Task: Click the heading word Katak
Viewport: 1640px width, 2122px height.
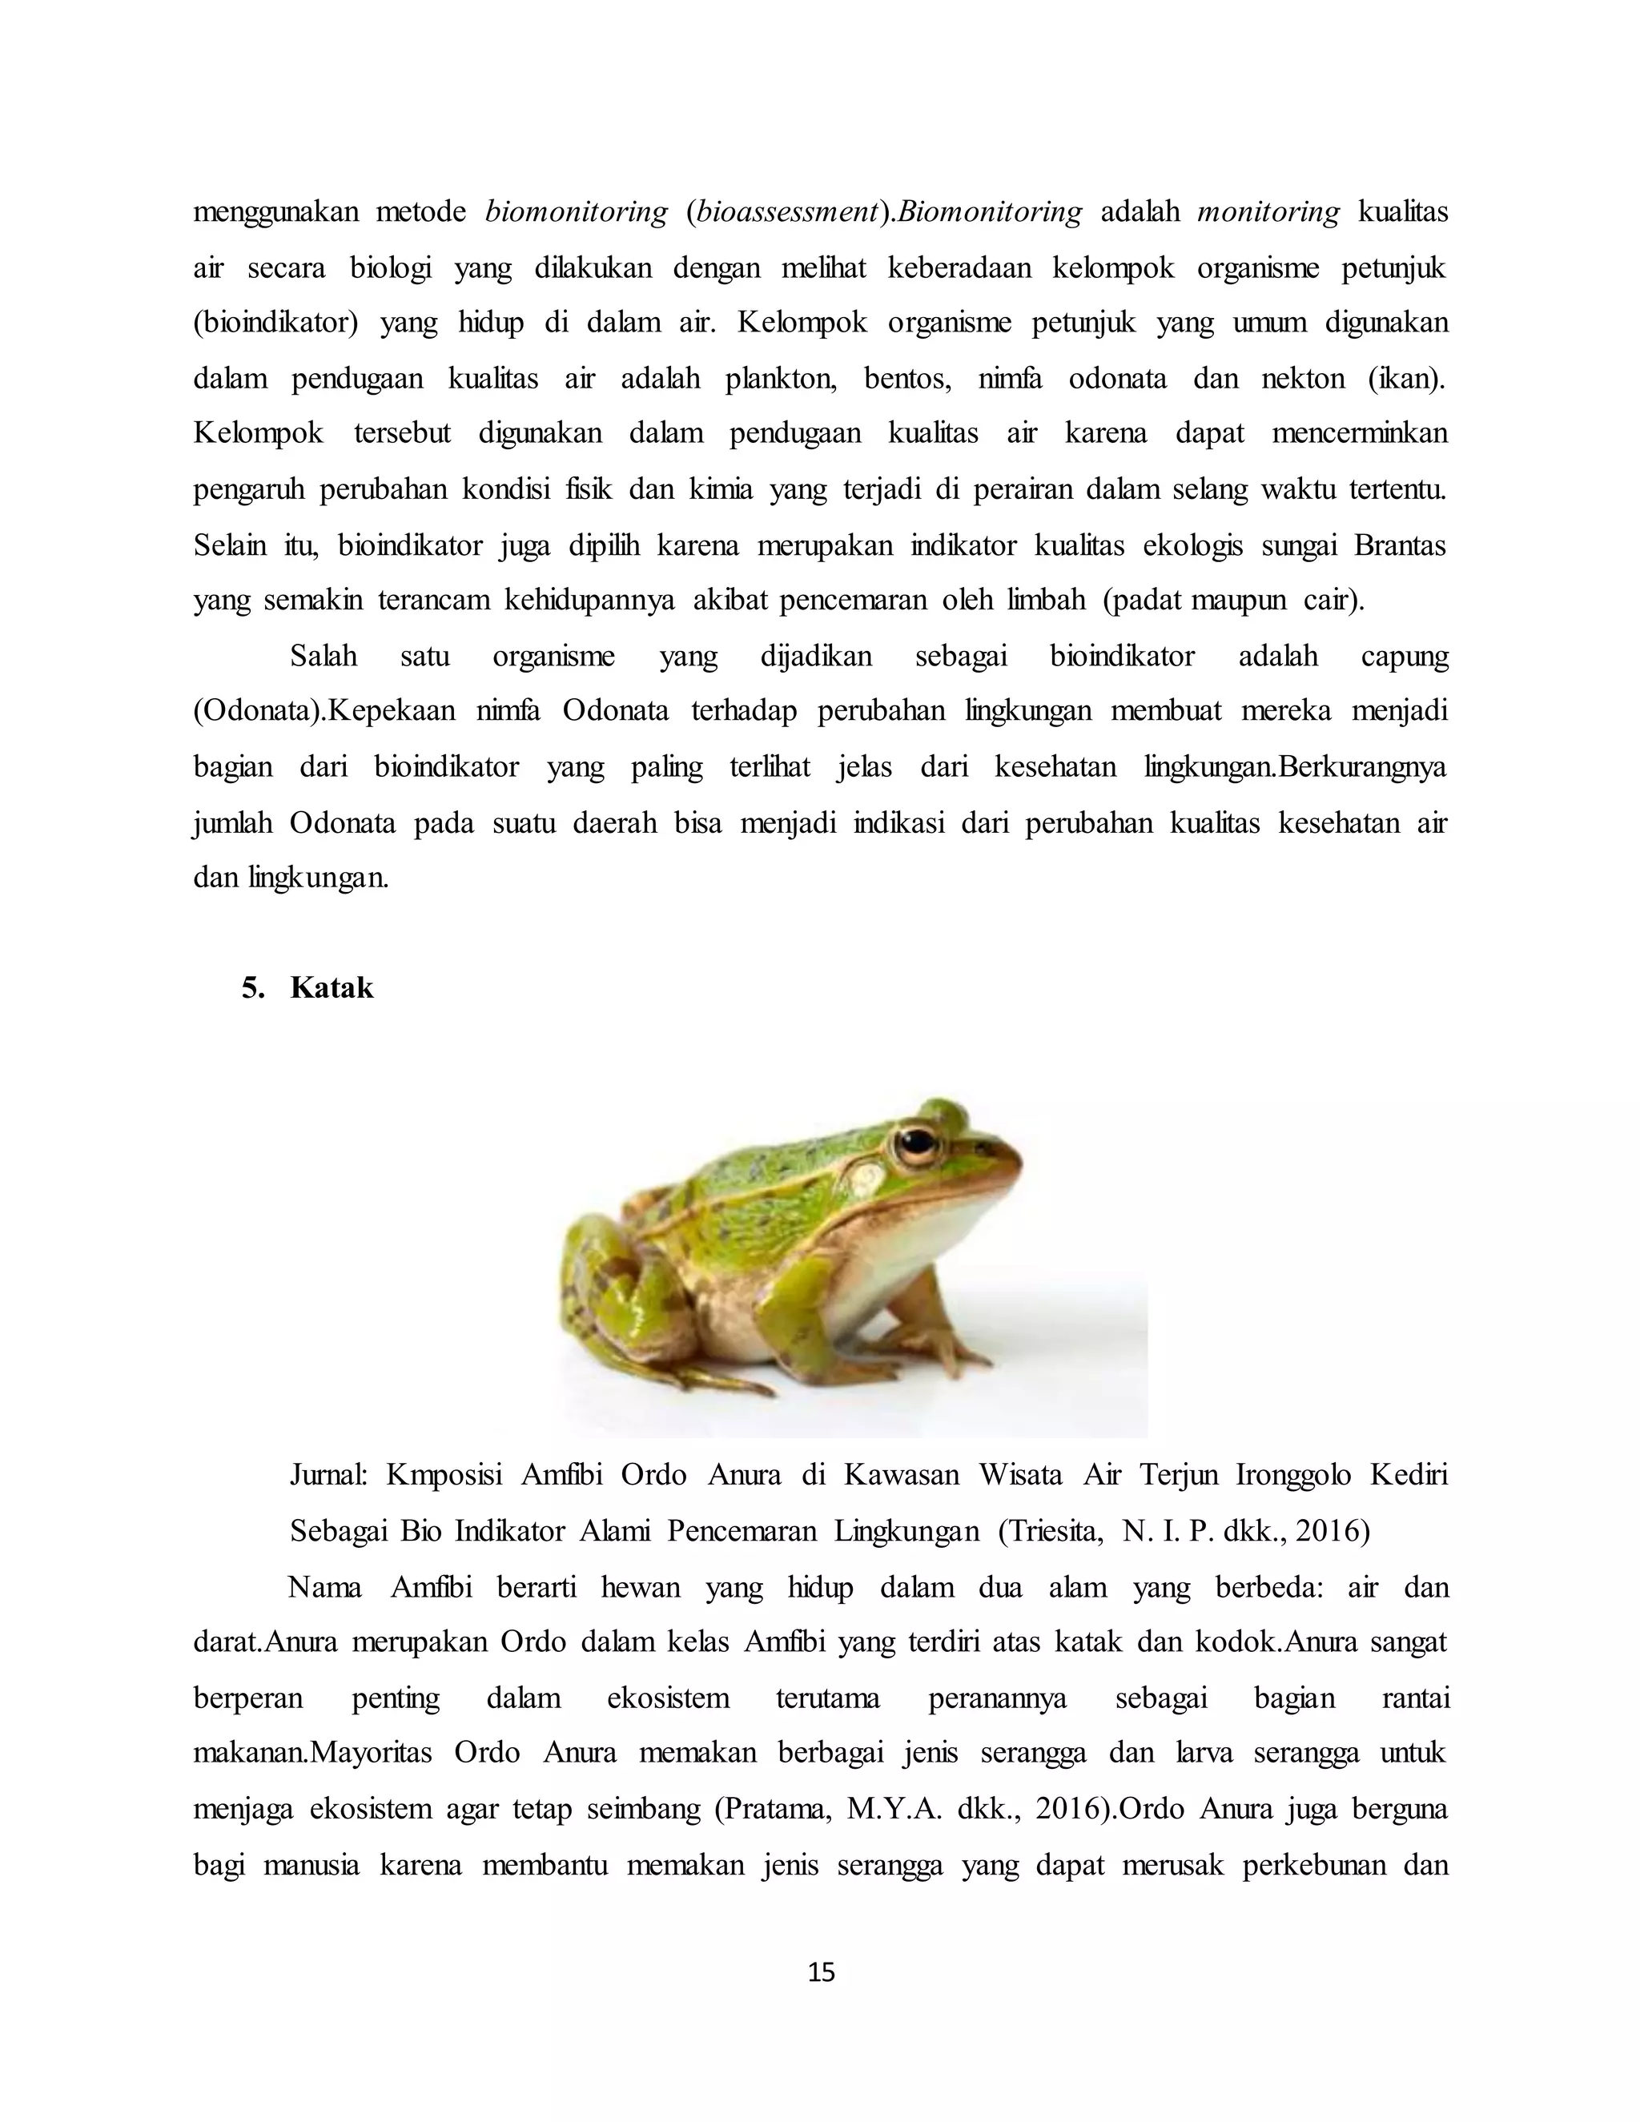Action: click(332, 988)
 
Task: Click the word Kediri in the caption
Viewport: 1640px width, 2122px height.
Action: click(1409, 1475)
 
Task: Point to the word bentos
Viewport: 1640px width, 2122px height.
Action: click(908, 378)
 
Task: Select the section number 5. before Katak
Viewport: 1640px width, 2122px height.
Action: click(252, 988)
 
